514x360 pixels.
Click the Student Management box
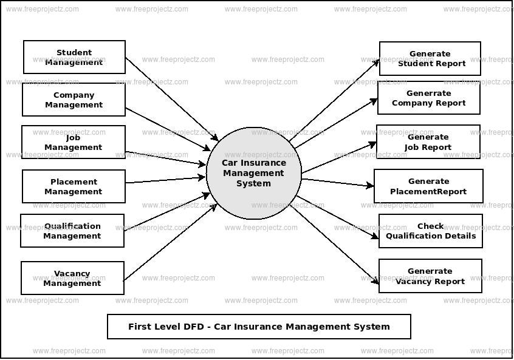(74, 57)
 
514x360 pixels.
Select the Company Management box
(74, 100)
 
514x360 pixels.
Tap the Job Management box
(74, 142)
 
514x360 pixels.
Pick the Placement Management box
(74, 186)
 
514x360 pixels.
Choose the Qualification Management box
(72, 231)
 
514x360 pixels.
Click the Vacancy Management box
(72, 278)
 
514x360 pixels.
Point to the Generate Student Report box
(430, 58)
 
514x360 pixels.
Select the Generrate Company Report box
(428, 98)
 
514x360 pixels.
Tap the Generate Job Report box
(428, 141)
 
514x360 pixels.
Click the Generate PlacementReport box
(428, 186)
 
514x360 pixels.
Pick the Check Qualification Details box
(430, 231)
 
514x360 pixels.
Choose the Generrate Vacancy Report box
(430, 276)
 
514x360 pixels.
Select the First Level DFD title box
(259, 327)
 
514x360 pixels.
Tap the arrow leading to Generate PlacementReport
(338, 182)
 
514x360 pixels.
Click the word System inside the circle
(253, 183)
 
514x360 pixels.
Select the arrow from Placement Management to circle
(165, 180)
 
